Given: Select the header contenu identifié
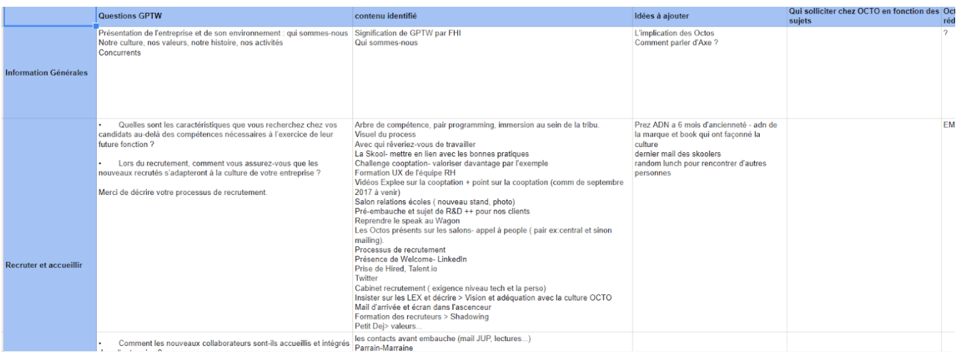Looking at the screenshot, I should tap(386, 16).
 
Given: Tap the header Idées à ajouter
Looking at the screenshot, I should tap(662, 16).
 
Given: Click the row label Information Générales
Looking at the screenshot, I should tap(46, 73).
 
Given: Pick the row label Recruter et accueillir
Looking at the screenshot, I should tap(44, 265).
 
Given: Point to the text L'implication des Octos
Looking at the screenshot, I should tap(674, 33).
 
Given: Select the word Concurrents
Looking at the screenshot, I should tap(120, 53).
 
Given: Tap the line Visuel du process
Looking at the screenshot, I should tap(385, 135).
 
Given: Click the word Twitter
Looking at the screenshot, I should tap(366, 278).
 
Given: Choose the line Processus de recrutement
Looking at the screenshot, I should tap(400, 250).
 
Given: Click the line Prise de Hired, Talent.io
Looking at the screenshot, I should tap(396, 269).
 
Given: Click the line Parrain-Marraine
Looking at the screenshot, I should tap(384, 348).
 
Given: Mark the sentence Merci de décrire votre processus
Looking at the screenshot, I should tap(183, 192).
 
